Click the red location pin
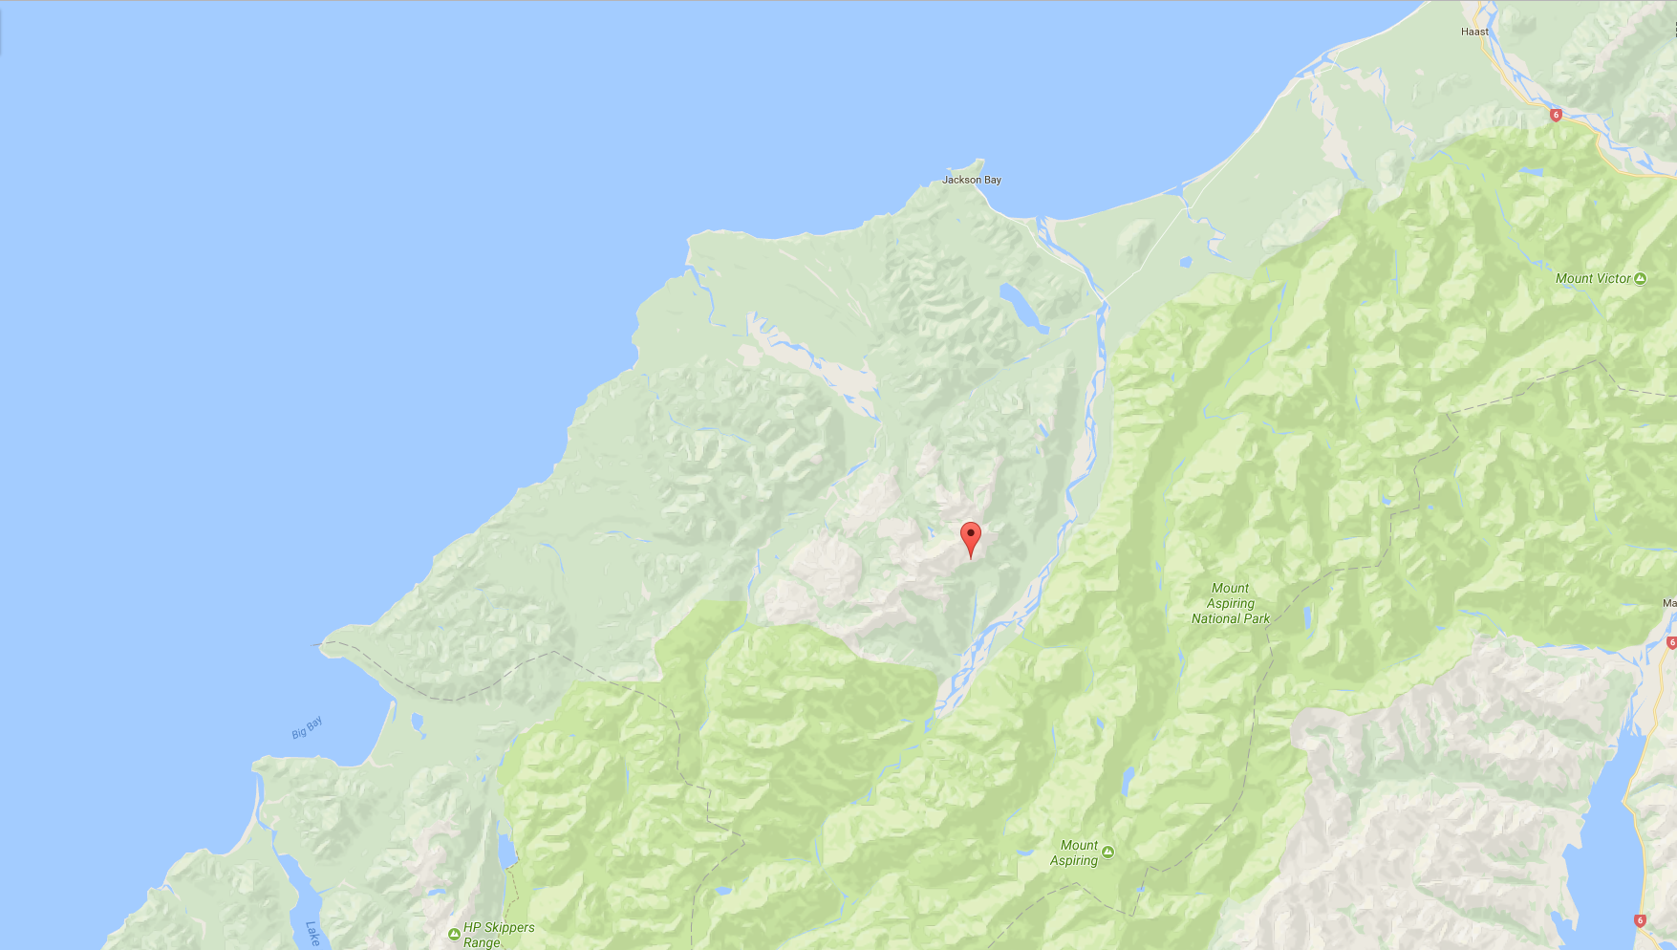[x=970, y=536]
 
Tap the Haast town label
[x=1474, y=32]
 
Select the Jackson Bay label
[x=971, y=180]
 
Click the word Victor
[x=1613, y=278]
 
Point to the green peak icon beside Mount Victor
[x=1640, y=278]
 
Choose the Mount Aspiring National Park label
[x=1230, y=603]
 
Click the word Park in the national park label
[x=1257, y=618]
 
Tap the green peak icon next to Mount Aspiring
[x=1107, y=852]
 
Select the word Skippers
[x=508, y=927]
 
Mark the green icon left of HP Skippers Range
[x=454, y=934]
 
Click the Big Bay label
[x=307, y=727]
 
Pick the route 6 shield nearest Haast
[x=1556, y=115]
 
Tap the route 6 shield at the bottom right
[x=1640, y=920]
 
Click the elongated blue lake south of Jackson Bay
[x=1022, y=306]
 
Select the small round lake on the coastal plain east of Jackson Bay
[x=1186, y=261]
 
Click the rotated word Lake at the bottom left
[x=312, y=933]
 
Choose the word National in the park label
[x=1215, y=618]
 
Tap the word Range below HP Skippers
[x=482, y=942]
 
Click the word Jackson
[x=961, y=180]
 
